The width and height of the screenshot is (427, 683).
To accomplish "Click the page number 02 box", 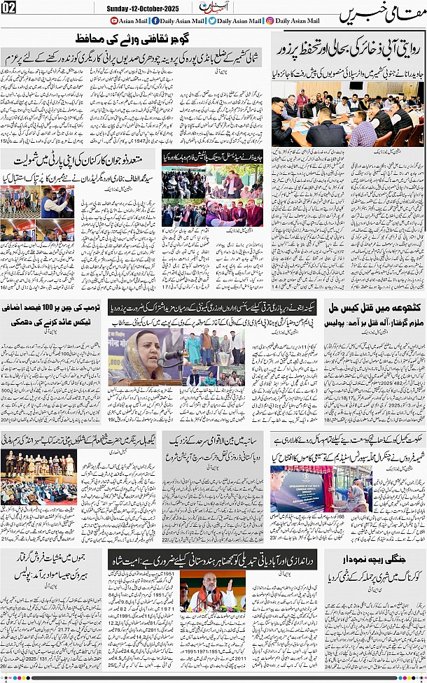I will pyautogui.click(x=9, y=8).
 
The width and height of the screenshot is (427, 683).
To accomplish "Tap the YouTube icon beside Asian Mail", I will pyautogui.click(x=114, y=20).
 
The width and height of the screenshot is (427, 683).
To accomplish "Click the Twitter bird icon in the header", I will pyautogui.click(x=212, y=20).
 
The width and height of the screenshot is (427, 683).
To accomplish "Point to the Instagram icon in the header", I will pyautogui.click(x=269, y=20).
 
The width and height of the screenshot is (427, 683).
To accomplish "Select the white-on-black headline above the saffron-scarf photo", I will pyautogui.click(x=213, y=559).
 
